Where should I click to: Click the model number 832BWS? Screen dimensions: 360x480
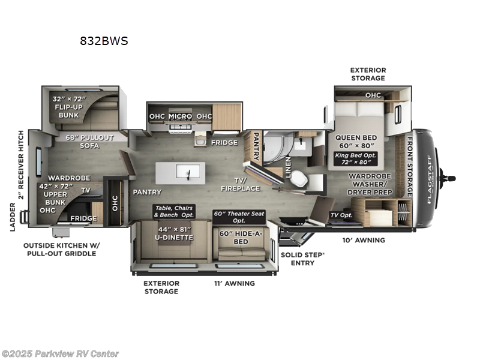pos(103,41)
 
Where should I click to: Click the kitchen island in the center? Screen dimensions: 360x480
pos(180,173)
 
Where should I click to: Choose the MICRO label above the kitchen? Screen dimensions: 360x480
pos(180,116)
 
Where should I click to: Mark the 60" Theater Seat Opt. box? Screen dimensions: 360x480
pos(239,215)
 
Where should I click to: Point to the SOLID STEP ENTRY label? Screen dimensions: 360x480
pos(303,258)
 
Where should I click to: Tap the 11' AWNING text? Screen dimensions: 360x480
pos(235,283)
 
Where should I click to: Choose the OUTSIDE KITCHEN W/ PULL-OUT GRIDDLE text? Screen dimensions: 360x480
pos(60,249)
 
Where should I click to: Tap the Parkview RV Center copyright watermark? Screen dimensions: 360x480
pos(60,353)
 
